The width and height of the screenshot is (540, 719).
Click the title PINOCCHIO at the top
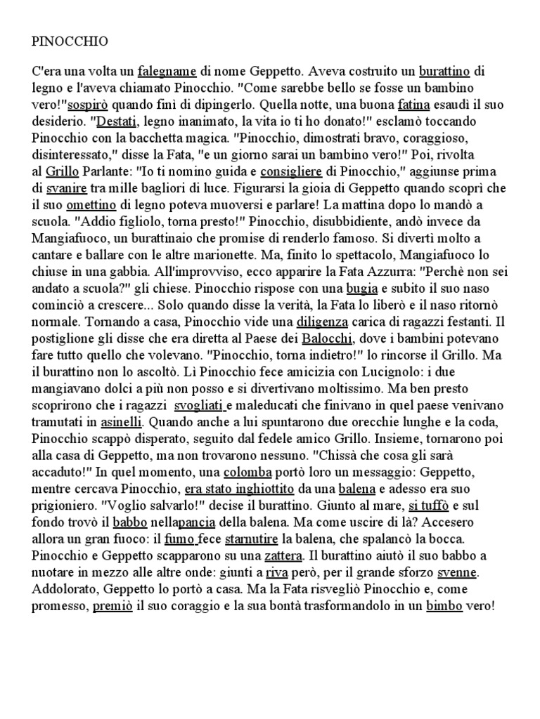[70, 41]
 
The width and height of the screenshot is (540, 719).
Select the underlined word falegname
[167, 71]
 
